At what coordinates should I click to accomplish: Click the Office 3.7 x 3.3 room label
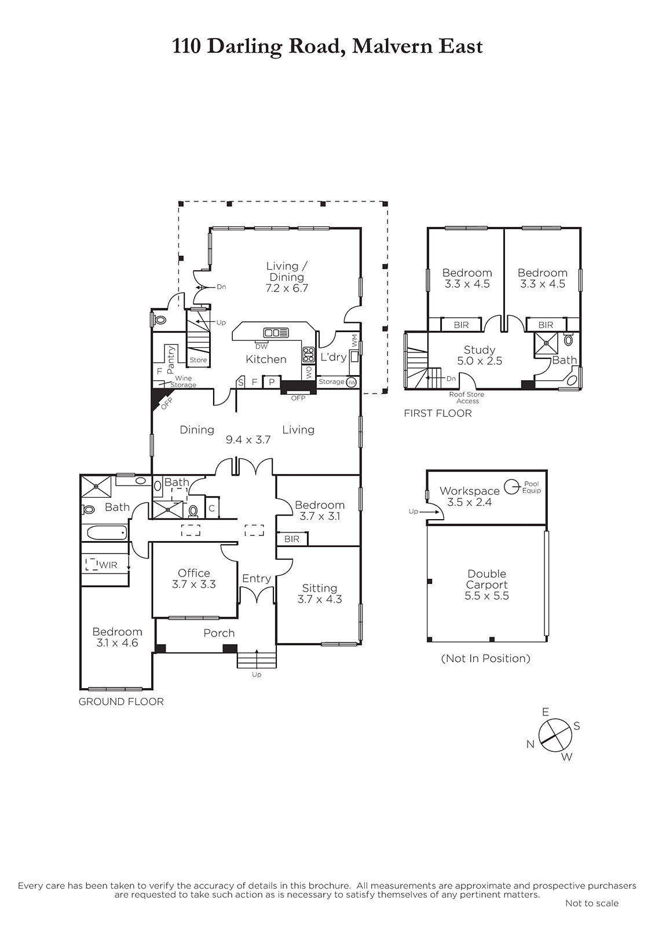click(x=193, y=578)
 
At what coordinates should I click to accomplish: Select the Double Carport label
click(x=487, y=579)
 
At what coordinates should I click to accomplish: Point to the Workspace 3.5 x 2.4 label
click(x=470, y=497)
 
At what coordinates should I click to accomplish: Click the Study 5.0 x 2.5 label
click(x=480, y=355)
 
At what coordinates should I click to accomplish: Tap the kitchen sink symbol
click(x=276, y=332)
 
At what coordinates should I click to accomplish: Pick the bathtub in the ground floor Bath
click(x=107, y=532)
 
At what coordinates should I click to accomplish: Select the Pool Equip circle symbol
click(x=512, y=487)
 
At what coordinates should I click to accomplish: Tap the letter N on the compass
click(x=530, y=744)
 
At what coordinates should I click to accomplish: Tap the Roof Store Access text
click(x=467, y=398)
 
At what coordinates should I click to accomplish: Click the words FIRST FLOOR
click(x=438, y=413)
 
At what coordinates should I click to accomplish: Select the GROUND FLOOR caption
click(x=121, y=701)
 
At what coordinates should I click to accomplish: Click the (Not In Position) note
click(x=486, y=658)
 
